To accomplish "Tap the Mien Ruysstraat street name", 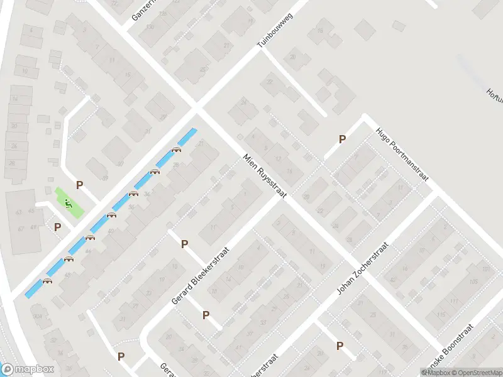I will click(x=265, y=177).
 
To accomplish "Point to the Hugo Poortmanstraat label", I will click(x=402, y=155).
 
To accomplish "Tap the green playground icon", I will click(x=68, y=202).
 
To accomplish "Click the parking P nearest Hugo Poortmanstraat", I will click(x=342, y=139).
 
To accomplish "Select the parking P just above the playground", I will click(x=79, y=185).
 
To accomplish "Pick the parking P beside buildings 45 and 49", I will click(x=57, y=227).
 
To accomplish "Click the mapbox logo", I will click(x=28, y=369).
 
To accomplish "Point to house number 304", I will click(x=37, y=316).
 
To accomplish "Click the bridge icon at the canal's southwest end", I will click(x=47, y=281).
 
